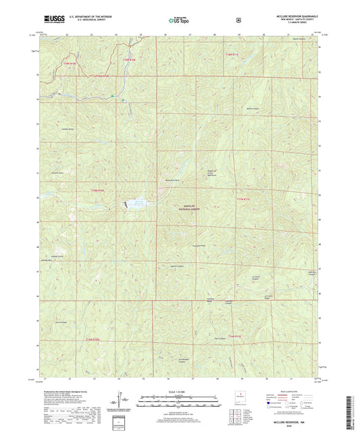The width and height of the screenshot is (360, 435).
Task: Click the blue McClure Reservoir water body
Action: [134, 202]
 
